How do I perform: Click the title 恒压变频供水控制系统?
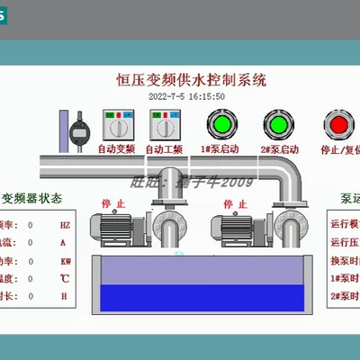coord(192,80)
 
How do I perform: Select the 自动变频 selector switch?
coord(115,125)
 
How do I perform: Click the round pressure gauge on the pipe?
coord(79,127)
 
